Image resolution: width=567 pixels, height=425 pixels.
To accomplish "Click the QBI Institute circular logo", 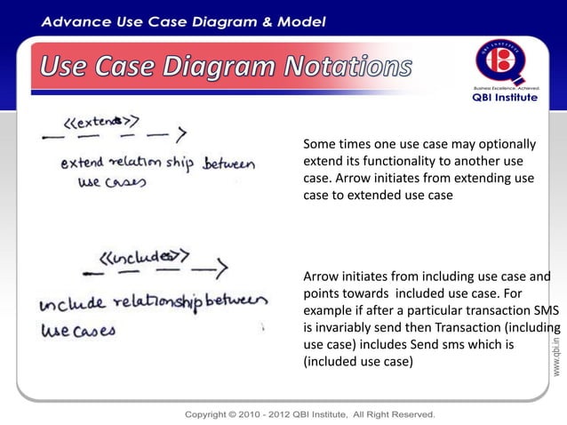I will pyautogui.click(x=503, y=62).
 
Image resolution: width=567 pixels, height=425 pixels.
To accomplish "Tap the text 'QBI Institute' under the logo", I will pyautogui.click(x=503, y=98).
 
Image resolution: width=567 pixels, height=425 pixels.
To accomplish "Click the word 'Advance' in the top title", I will pyautogui.click(x=78, y=20).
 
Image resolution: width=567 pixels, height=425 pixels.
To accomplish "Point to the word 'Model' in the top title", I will pyautogui.click(x=297, y=20).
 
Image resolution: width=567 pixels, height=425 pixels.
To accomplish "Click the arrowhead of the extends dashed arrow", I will pyautogui.click(x=180, y=135).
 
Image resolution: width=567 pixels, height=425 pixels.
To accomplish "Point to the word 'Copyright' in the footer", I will pyautogui.click(x=212, y=414).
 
